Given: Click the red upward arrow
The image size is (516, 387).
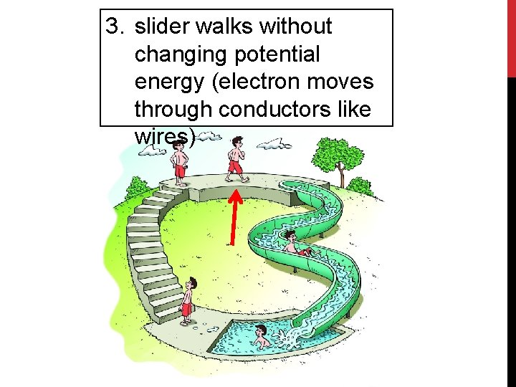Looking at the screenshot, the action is point(234,216).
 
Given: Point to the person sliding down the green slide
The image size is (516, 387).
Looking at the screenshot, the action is point(294,244).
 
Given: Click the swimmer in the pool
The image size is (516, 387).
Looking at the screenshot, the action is point(262,335).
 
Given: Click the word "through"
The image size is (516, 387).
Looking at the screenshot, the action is point(174,109).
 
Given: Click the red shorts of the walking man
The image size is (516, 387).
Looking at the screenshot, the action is point(234,166).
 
